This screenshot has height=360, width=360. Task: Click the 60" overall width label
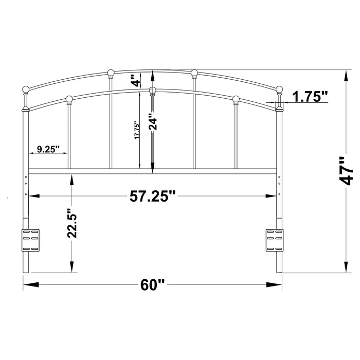click(x=152, y=284)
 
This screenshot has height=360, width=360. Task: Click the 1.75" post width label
click(x=310, y=96)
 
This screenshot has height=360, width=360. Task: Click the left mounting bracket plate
click(x=30, y=240)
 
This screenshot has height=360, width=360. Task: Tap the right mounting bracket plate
click(x=274, y=240)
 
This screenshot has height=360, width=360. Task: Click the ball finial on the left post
click(x=26, y=90)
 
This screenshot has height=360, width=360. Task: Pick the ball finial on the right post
click(x=279, y=90)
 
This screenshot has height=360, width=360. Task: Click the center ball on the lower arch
click(x=152, y=91)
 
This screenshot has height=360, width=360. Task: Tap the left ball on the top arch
click(x=111, y=73)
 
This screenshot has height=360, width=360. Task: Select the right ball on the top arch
click(x=194, y=73)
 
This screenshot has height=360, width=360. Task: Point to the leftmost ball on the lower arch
click(x=69, y=99)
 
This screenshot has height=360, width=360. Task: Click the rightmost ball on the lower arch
click(x=236, y=99)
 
